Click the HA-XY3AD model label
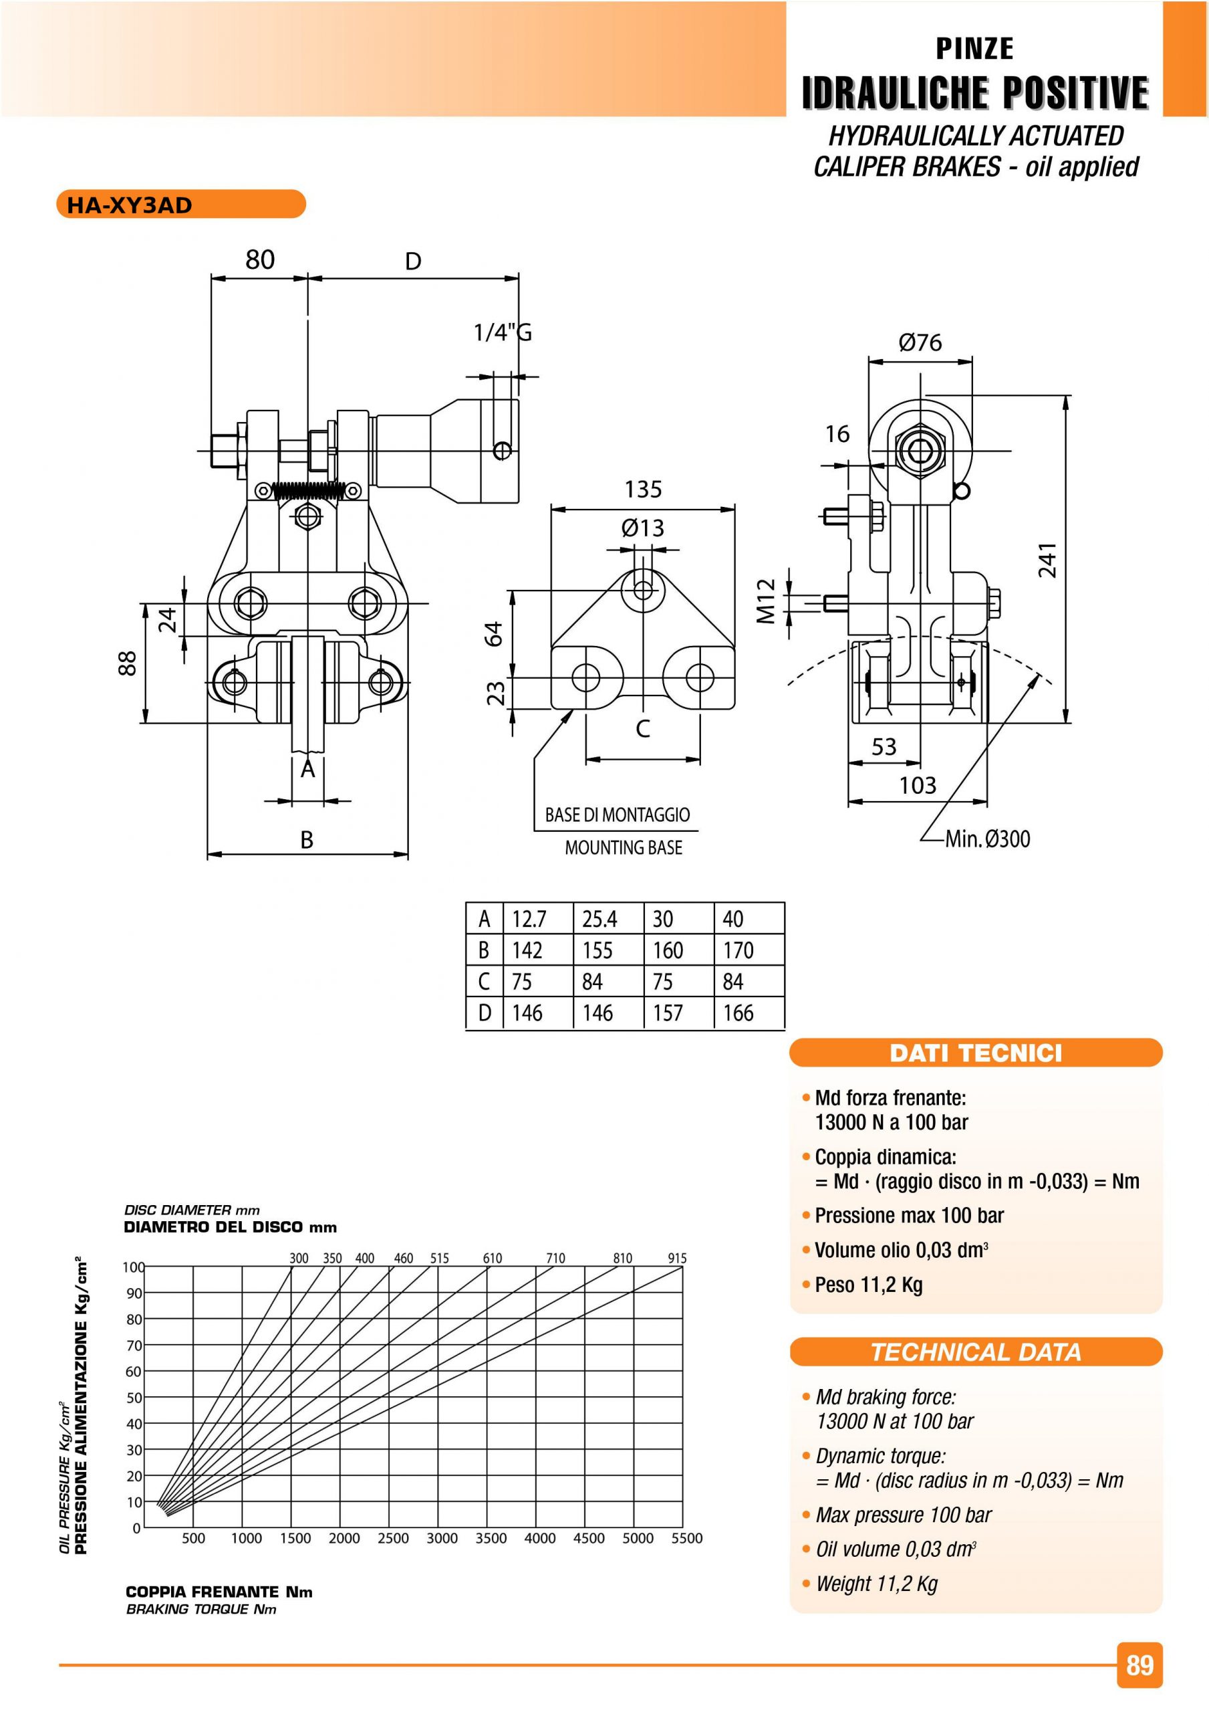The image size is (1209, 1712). click(130, 205)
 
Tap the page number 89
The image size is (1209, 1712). click(1139, 1665)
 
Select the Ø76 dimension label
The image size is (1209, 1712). click(920, 342)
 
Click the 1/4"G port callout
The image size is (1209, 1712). click(503, 332)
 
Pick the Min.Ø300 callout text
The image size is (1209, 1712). click(988, 839)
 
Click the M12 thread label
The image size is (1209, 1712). click(767, 601)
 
